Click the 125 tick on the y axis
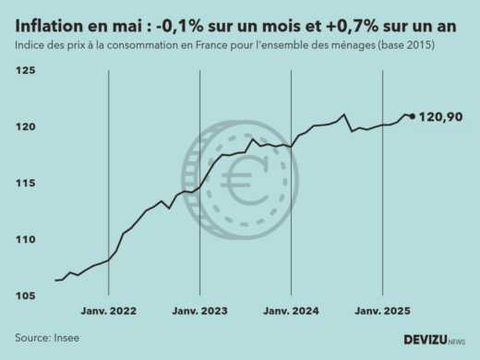click(x=26, y=71)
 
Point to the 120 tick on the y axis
click(x=26, y=127)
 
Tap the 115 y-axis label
click(x=26, y=184)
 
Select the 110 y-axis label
click(x=26, y=240)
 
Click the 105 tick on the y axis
click(x=26, y=296)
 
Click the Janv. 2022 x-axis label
click(x=109, y=312)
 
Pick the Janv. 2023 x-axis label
click(x=200, y=312)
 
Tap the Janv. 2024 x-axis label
click(x=292, y=312)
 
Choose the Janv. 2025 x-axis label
click(x=383, y=312)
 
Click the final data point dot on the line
click(x=412, y=116)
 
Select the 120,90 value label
click(x=441, y=116)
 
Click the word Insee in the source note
click(x=67, y=338)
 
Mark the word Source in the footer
click(x=31, y=338)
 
